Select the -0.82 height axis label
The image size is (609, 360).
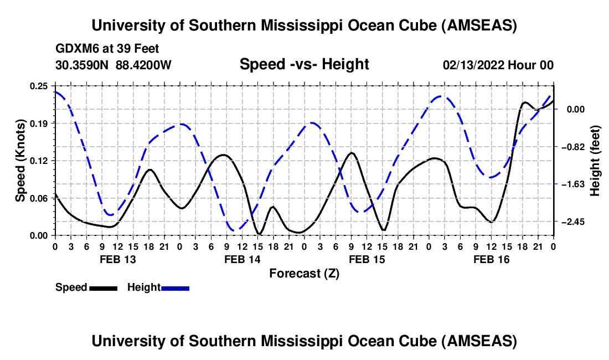(x=571, y=147)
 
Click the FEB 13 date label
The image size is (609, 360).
(x=117, y=259)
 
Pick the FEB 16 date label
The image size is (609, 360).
(x=491, y=259)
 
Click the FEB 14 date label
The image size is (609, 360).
(x=241, y=259)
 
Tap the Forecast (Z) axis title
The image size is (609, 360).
(x=304, y=273)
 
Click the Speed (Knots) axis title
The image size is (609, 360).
(x=21, y=161)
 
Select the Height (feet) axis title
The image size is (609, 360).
(x=596, y=161)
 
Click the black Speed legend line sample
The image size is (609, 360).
(x=103, y=288)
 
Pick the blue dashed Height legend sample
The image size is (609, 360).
(x=175, y=288)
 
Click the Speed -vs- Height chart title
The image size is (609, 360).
(x=304, y=64)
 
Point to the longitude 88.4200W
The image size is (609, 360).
(x=143, y=65)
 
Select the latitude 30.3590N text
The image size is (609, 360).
(x=82, y=65)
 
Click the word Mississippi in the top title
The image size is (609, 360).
(x=313, y=25)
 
